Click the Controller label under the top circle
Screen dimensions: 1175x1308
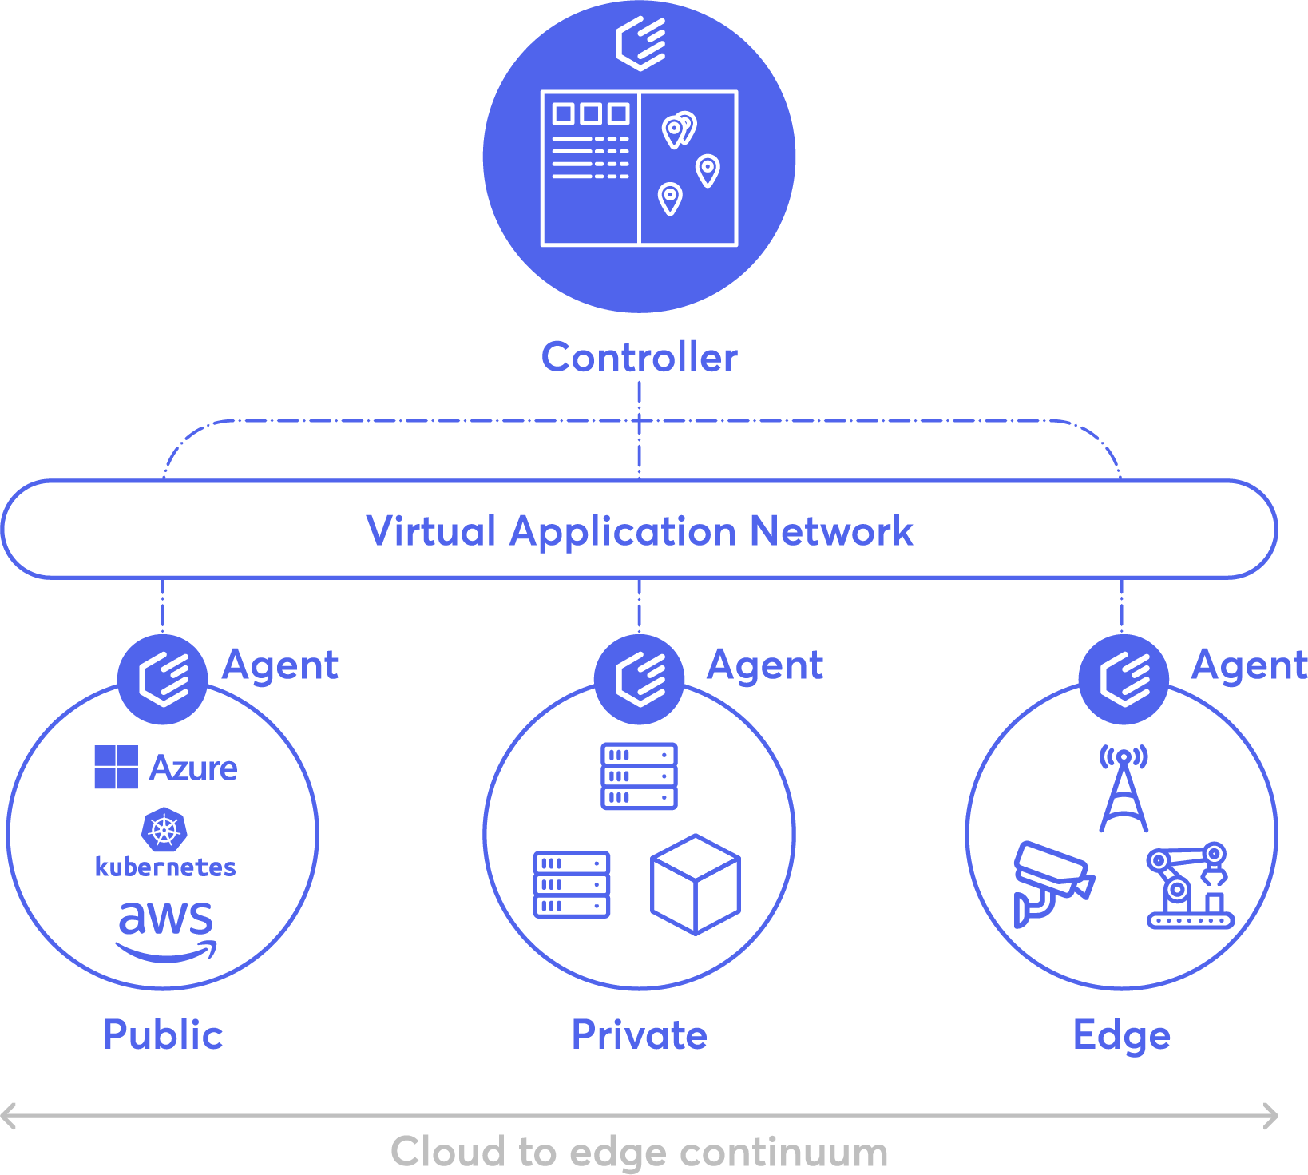(639, 357)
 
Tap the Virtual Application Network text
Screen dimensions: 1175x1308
(639, 531)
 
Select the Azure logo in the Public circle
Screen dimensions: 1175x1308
(166, 768)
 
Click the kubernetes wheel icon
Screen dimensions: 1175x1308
(164, 830)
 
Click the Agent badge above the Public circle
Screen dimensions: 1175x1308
(163, 680)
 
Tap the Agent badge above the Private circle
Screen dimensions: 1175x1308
(640, 680)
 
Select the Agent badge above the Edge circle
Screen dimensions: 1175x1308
(1124, 680)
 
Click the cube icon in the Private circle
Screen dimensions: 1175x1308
(696, 884)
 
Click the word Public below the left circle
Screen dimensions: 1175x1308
(163, 1035)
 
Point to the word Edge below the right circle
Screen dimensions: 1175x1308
(1121, 1035)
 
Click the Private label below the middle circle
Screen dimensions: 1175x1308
(639, 1035)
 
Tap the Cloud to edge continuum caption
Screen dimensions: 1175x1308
(639, 1152)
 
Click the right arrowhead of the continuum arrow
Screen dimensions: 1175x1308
(1271, 1116)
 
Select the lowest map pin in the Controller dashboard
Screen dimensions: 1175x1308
(670, 198)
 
